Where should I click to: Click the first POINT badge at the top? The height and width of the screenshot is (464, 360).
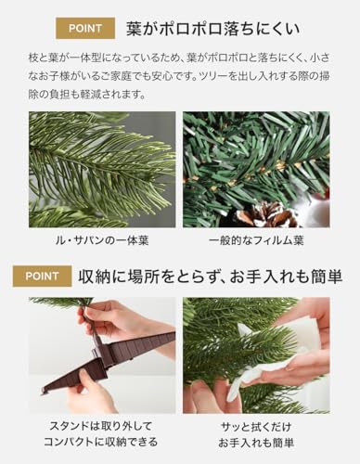(x=85, y=27)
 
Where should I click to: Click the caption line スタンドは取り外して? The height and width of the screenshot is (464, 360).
(x=102, y=426)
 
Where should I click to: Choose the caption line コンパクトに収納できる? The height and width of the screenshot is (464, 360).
(x=102, y=442)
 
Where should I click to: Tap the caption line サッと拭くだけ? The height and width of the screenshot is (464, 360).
(x=256, y=426)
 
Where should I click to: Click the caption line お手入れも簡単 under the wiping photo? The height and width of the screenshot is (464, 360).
(x=256, y=442)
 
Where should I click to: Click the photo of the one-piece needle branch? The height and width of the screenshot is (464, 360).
(x=102, y=170)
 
